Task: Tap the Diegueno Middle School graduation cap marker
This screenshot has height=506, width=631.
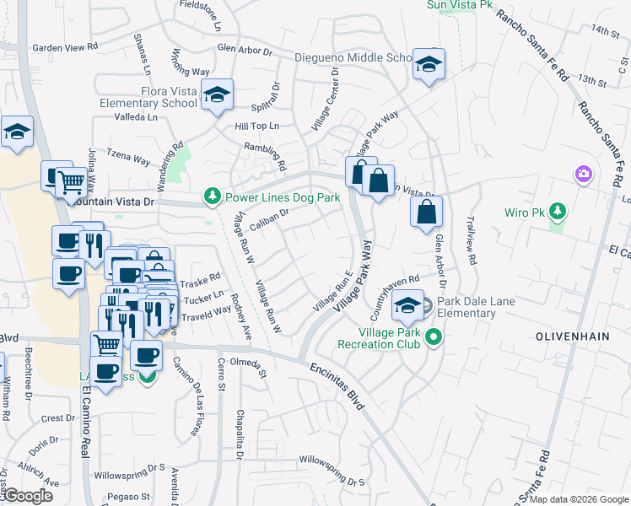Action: point(429,64)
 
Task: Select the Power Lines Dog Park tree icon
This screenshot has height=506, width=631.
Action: point(212,197)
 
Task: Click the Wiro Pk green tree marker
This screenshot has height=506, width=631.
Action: point(557,210)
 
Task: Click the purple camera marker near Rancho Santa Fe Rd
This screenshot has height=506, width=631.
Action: point(583,175)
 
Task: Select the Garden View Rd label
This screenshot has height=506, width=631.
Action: point(65,48)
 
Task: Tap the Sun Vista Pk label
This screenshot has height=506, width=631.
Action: point(460,4)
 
